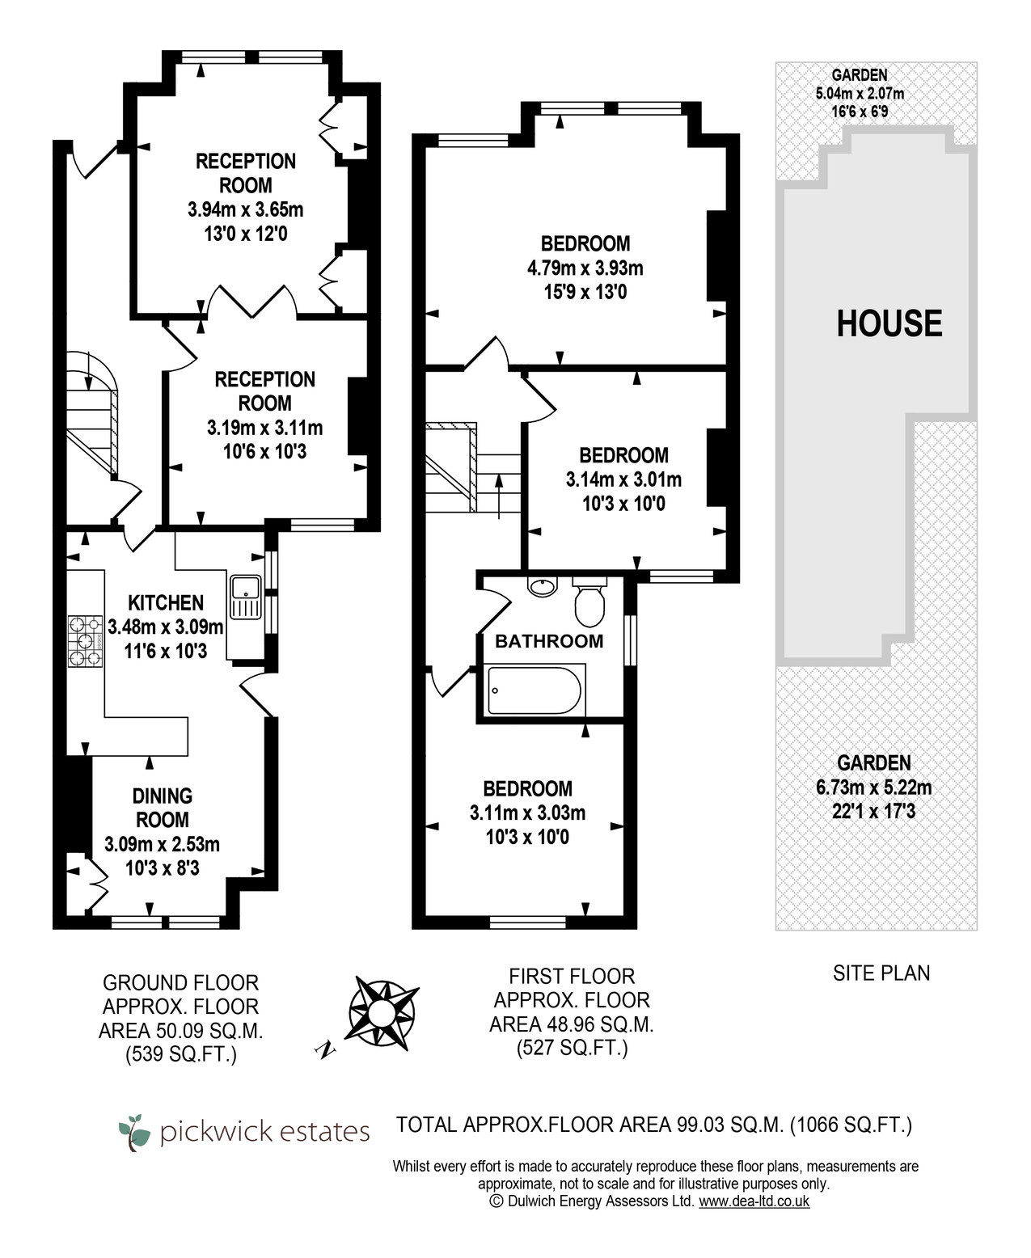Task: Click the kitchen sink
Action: click(x=245, y=597)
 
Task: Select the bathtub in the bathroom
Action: click(x=536, y=690)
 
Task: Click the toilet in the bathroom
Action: click(x=589, y=602)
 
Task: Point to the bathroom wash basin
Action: click(x=542, y=586)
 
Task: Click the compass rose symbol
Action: click(x=382, y=1013)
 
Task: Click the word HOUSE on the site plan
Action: click(x=889, y=323)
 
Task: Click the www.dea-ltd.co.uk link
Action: click(x=754, y=1201)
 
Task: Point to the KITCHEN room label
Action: click(x=166, y=602)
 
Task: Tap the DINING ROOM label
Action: click(x=163, y=808)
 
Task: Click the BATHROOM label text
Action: click(x=549, y=641)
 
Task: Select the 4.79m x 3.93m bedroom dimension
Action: click(x=585, y=268)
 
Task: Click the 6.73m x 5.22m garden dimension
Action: click(x=873, y=787)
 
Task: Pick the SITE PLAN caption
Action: click(x=881, y=973)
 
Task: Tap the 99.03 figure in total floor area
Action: click(x=702, y=1125)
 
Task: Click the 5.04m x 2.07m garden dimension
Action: click(x=860, y=94)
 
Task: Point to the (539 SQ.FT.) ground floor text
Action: click(x=181, y=1054)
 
